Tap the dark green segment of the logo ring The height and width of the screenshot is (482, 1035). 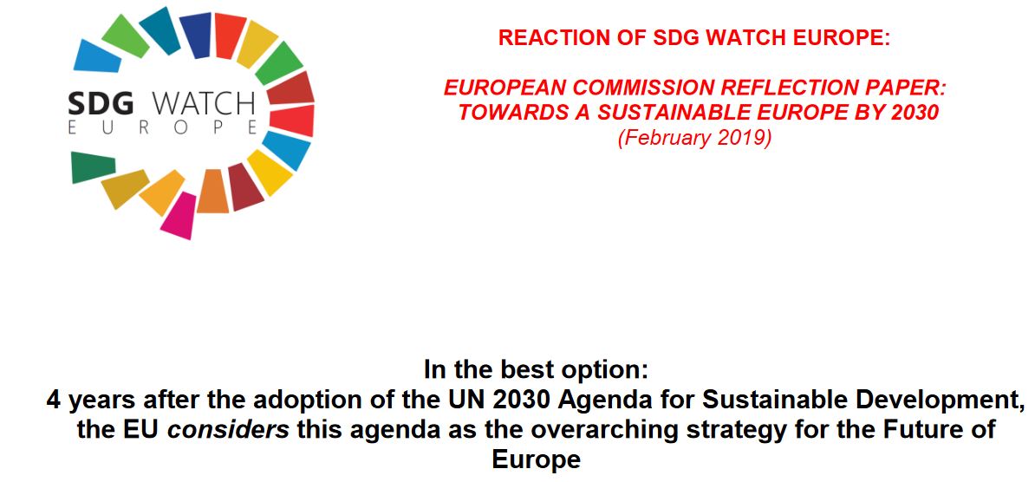click(93, 166)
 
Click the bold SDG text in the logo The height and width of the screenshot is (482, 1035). click(101, 104)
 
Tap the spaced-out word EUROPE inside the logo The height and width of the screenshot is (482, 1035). click(163, 128)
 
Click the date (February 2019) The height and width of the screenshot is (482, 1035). click(694, 138)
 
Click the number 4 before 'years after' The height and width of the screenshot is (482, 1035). click(53, 401)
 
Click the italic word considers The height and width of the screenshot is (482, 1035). click(228, 429)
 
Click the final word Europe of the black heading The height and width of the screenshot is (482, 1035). click(536, 459)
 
